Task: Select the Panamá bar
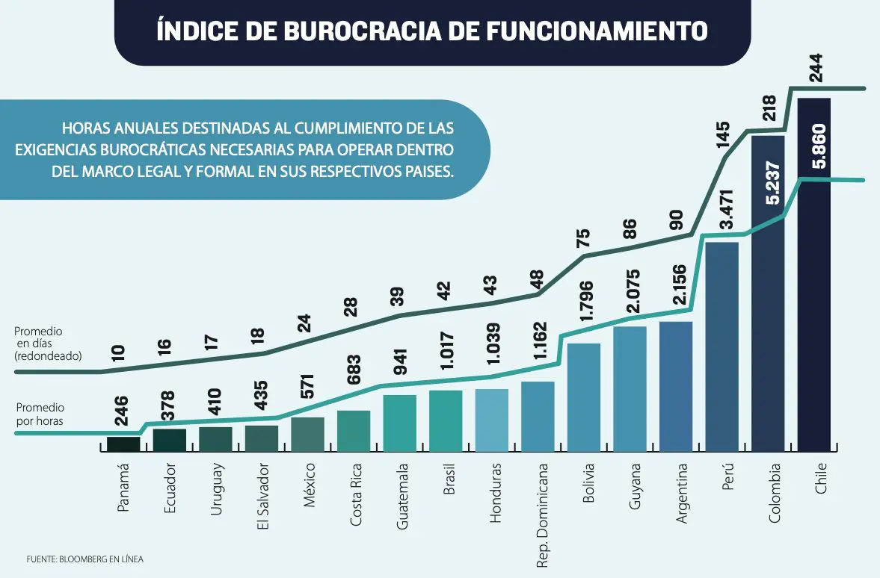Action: point(123,444)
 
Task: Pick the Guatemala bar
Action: point(399,423)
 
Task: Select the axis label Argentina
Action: point(681,492)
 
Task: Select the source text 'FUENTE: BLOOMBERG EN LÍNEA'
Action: point(85,559)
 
